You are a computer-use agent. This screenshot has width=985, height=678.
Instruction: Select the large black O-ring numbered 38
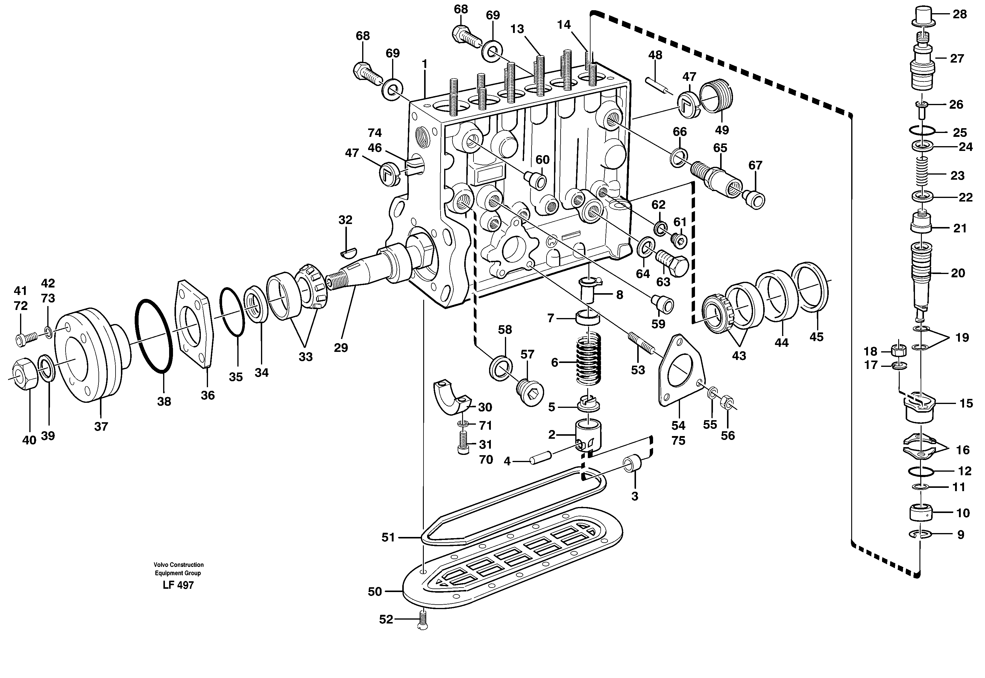pyautogui.click(x=154, y=336)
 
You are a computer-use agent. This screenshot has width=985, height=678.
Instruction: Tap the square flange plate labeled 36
pyautogui.click(x=195, y=323)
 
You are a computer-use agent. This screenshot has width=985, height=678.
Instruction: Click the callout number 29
pyautogui.click(x=341, y=348)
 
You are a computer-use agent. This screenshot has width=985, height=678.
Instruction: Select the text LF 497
pyautogui.click(x=178, y=585)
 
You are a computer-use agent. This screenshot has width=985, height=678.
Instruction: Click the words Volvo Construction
pyautogui.click(x=179, y=565)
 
